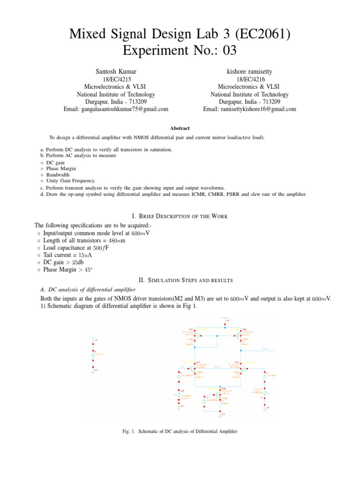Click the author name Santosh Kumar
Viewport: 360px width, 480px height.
point(116,71)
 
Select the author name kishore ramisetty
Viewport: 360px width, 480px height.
point(249,71)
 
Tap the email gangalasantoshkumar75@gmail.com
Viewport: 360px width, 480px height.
point(116,109)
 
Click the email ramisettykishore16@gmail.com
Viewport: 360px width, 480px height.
point(249,109)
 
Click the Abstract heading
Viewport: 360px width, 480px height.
point(180,127)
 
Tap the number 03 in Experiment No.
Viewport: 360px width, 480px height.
point(227,50)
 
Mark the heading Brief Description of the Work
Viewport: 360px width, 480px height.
point(180,216)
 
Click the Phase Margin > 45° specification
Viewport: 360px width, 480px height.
point(74,270)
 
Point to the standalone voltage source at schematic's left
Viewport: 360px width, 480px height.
point(93,355)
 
